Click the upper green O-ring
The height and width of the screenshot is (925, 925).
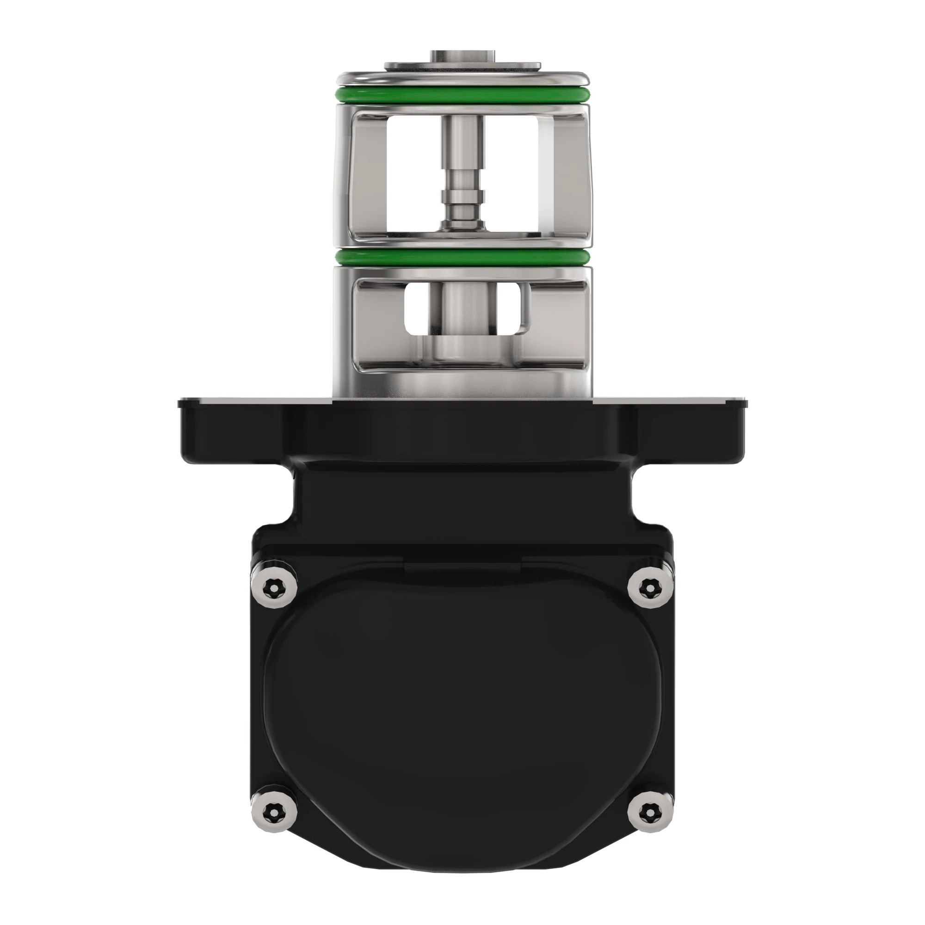[462, 94]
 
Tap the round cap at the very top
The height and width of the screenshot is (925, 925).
[462, 56]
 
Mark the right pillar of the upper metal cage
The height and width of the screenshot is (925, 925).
[580, 173]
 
